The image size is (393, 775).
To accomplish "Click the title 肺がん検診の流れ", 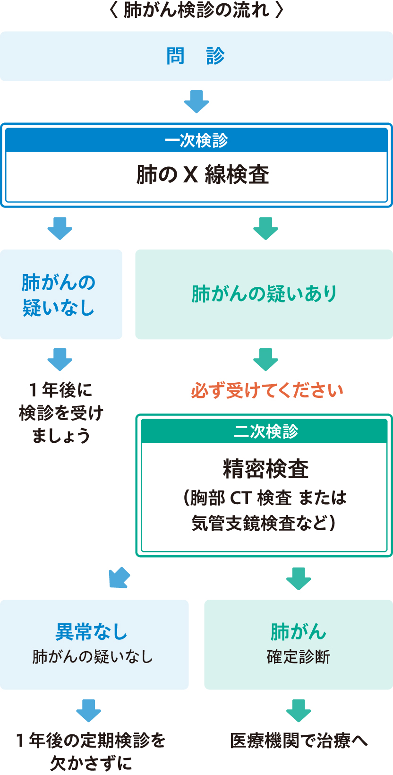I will click(x=196, y=10).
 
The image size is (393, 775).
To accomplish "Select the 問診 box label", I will click(x=196, y=56).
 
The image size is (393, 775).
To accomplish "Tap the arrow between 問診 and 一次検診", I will click(x=196, y=101).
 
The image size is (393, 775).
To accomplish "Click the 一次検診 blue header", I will click(x=196, y=140).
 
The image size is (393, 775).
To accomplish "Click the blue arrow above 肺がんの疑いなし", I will click(x=60, y=228).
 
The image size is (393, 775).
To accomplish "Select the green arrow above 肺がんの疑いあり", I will click(x=265, y=228).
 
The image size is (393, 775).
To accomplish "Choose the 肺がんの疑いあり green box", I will click(x=264, y=294).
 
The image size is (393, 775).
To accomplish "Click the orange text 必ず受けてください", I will click(x=267, y=390).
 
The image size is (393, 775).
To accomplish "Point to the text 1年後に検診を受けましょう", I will click(x=61, y=413).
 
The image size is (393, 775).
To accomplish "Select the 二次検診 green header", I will click(x=265, y=431).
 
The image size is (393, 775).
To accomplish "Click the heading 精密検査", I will click(x=265, y=468).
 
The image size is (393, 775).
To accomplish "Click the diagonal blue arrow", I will click(x=120, y=577).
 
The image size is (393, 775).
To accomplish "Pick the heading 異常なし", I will click(x=92, y=632).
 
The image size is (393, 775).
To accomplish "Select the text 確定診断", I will click(x=299, y=657).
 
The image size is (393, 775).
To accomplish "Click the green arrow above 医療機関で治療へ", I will click(x=299, y=710).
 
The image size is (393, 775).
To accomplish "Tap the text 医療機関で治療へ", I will click(x=299, y=741).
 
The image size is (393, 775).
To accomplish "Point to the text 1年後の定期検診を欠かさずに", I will click(x=91, y=751).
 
